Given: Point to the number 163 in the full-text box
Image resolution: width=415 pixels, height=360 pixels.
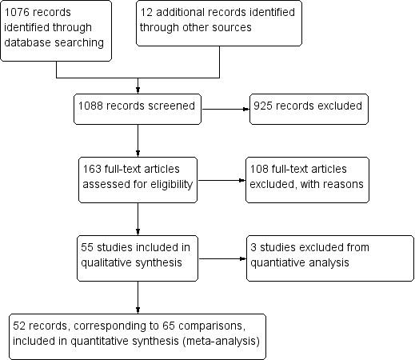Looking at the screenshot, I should tap(92, 170).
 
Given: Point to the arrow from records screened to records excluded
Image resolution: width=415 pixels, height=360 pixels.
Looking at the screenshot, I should tap(223, 110).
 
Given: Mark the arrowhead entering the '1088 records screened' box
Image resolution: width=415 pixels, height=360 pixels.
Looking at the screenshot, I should tap(138, 90).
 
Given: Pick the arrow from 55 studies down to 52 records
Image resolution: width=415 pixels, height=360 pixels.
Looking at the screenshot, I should tap(138, 296).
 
